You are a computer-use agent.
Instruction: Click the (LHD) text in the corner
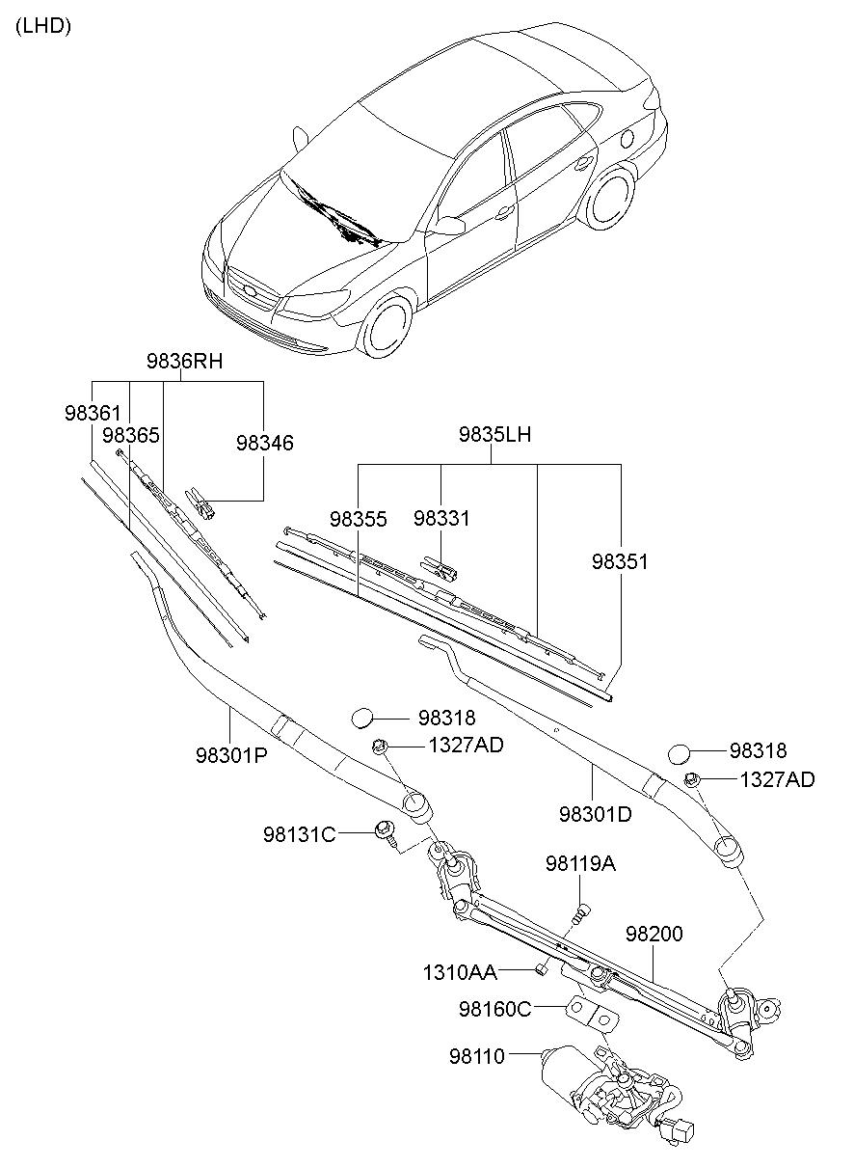pyautogui.click(x=41, y=27)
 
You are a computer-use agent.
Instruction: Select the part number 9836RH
pyautogui.click(x=184, y=362)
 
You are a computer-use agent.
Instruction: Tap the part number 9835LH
pyautogui.click(x=494, y=435)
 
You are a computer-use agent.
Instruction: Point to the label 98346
pyautogui.click(x=264, y=443)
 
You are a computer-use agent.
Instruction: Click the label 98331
pyautogui.click(x=441, y=518)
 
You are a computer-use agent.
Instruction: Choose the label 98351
pyautogui.click(x=620, y=561)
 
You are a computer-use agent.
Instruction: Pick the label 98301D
pyautogui.click(x=595, y=814)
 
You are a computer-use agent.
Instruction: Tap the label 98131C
pyautogui.click(x=299, y=833)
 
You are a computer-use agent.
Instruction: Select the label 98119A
pyautogui.click(x=580, y=863)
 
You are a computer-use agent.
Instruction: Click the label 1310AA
pyautogui.click(x=459, y=971)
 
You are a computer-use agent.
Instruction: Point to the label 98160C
pyautogui.click(x=494, y=1009)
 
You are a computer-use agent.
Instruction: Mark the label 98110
pyautogui.click(x=476, y=1057)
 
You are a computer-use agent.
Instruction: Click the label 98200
pyautogui.click(x=654, y=934)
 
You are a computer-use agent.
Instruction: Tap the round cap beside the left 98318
pyautogui.click(x=361, y=718)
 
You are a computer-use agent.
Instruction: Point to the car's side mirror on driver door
pyautogui.click(x=450, y=227)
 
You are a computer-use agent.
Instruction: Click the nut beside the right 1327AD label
pyautogui.click(x=692, y=779)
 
